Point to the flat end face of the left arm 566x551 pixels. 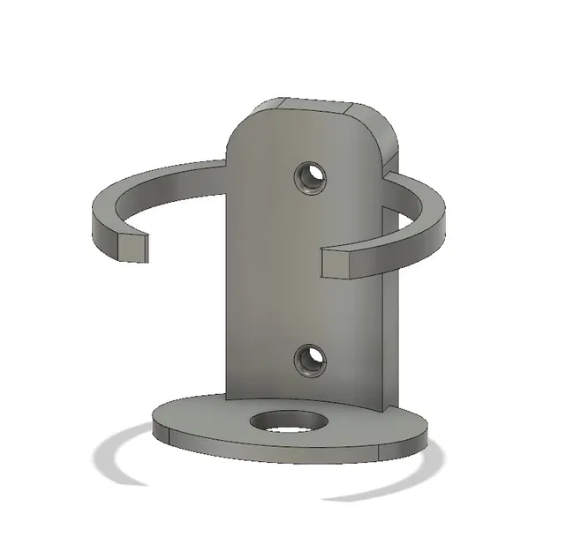[x=132, y=246]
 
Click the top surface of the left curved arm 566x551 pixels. [x=150, y=181]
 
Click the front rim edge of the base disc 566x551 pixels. [x=265, y=454]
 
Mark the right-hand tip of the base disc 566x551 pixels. [x=426, y=429]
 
